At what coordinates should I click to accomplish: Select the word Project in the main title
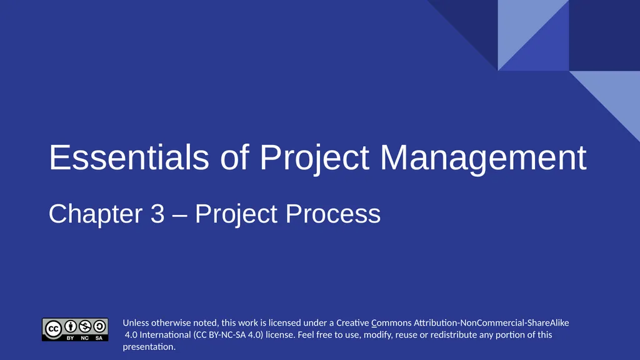tap(314, 157)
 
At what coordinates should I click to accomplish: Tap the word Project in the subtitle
tap(236, 214)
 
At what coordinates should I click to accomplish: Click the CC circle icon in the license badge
tap(54, 327)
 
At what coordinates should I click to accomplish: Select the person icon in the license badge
tap(71, 326)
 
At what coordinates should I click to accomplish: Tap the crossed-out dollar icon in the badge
tap(85, 326)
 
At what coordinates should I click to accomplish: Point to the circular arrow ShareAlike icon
tap(99, 326)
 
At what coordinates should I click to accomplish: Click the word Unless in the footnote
tap(136, 323)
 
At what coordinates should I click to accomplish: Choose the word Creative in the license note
tap(352, 323)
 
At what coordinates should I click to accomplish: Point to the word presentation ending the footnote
tap(148, 347)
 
